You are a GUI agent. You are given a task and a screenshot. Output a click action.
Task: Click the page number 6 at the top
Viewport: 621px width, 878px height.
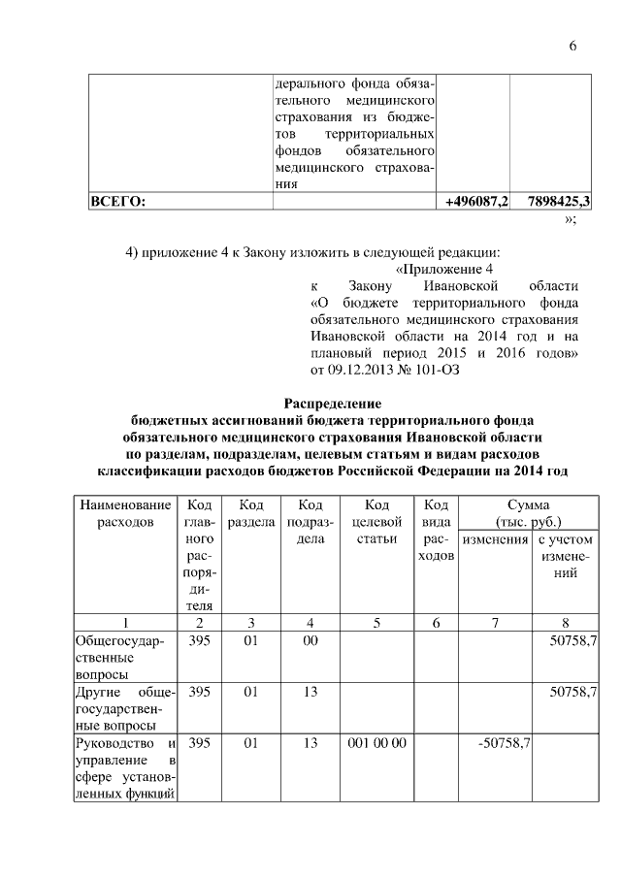click(572, 48)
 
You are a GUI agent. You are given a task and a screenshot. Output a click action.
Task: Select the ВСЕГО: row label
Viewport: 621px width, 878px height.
click(117, 202)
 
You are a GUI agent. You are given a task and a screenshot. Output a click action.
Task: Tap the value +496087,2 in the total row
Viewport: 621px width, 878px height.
click(476, 202)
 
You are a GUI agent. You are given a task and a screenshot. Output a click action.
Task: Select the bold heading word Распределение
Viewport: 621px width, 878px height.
click(332, 403)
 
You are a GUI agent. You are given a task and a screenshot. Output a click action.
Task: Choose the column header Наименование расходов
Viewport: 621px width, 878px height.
click(124, 514)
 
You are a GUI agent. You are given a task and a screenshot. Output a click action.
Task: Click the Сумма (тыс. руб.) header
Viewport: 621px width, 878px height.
click(528, 514)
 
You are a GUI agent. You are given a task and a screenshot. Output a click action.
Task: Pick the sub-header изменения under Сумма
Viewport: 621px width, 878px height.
click(495, 539)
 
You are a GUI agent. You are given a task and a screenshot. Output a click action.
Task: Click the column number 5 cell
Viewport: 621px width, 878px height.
click(376, 622)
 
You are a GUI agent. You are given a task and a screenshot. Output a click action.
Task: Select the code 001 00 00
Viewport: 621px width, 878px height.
click(376, 744)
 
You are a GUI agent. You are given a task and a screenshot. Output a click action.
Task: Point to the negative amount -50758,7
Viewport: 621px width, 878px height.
click(501, 744)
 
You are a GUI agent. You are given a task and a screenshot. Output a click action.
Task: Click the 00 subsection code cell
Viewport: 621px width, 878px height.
click(310, 641)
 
